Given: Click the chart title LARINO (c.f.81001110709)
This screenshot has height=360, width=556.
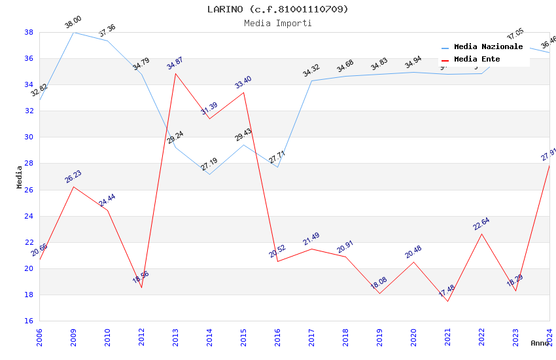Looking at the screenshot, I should click(x=278, y=9).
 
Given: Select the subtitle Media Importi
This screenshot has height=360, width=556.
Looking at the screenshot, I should click(x=278, y=23).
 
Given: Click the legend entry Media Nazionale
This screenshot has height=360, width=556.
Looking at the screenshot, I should click(x=488, y=46).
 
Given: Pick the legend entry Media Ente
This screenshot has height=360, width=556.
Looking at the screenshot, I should click(x=477, y=59).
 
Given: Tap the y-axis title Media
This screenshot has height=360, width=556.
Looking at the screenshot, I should click(x=20, y=177).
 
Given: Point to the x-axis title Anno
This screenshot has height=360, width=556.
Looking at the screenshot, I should click(x=540, y=343).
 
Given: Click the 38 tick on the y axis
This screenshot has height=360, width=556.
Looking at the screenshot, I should click(x=29, y=32).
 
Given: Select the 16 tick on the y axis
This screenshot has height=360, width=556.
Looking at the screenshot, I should click(x=29, y=321).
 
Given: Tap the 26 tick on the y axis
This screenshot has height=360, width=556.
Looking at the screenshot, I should click(x=29, y=190).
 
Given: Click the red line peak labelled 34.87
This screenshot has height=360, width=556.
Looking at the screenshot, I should click(x=175, y=73).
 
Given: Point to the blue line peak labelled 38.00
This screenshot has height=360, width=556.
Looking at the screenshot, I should click(x=73, y=32).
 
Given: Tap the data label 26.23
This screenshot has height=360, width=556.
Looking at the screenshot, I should click(x=73, y=177).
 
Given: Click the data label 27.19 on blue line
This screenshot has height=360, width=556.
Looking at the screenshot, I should click(x=209, y=164).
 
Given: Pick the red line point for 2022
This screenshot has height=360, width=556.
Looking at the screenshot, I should click(x=481, y=234).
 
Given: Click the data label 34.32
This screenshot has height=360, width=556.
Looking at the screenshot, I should click(x=311, y=71).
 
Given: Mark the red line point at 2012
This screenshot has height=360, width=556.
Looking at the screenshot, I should click(x=141, y=287).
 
